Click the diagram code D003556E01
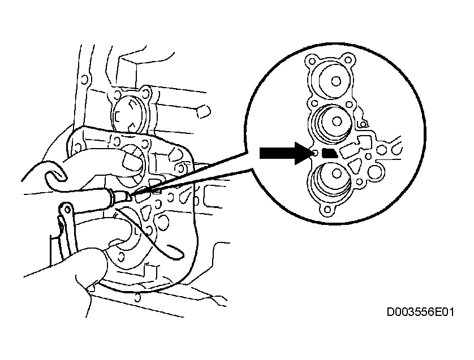(x=420, y=312)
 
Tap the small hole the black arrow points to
(x=315, y=153)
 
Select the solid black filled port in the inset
(x=330, y=153)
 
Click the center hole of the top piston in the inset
(x=335, y=81)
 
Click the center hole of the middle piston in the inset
(x=336, y=122)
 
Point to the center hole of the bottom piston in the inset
(x=336, y=174)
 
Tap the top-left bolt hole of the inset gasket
(x=311, y=61)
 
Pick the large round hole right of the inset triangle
(x=375, y=172)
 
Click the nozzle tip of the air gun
(x=130, y=197)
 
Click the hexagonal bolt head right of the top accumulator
(x=204, y=111)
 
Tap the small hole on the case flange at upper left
(x=85, y=80)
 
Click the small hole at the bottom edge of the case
(x=137, y=297)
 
